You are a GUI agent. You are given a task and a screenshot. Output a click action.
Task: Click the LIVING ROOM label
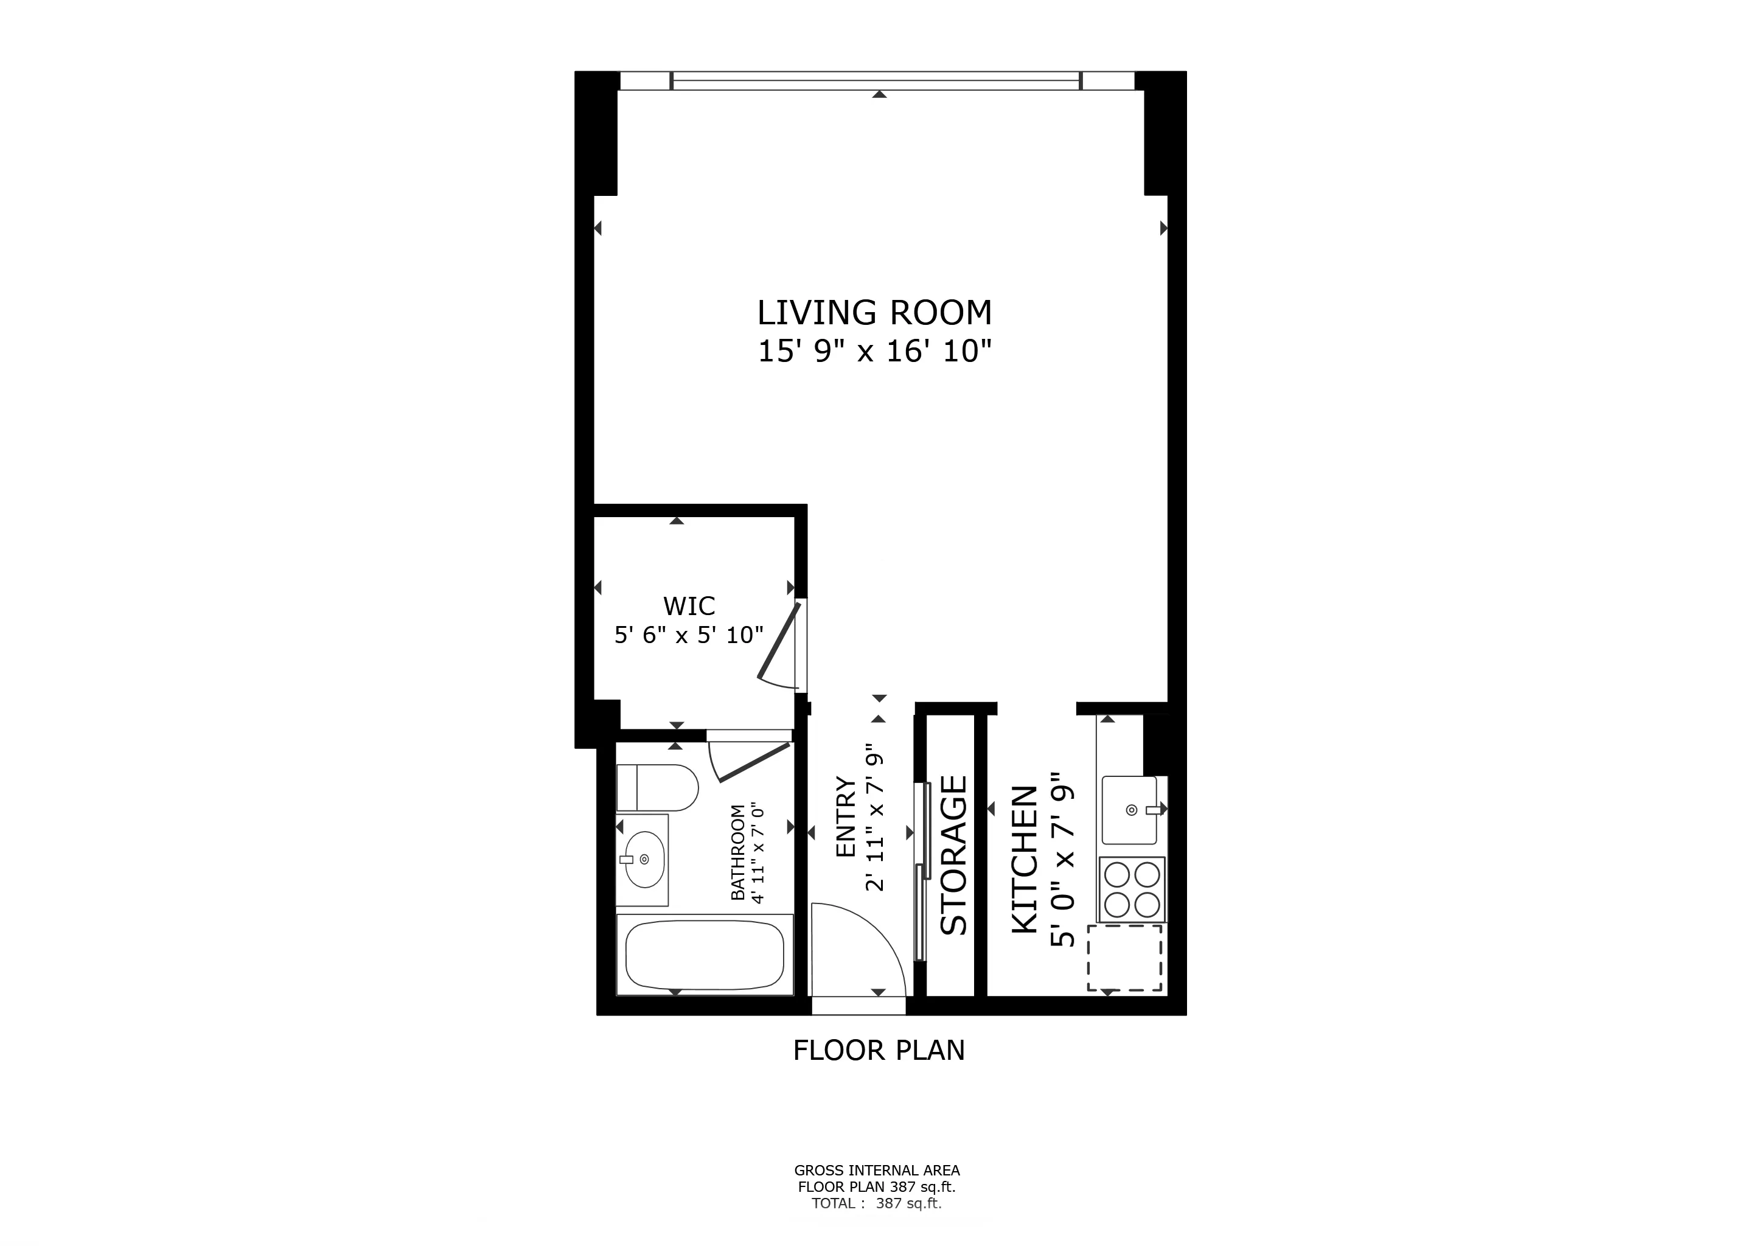tap(874, 313)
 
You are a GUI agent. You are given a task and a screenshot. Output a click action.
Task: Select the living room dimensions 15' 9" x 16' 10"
tap(874, 352)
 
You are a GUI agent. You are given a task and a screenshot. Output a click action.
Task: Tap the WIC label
tap(689, 606)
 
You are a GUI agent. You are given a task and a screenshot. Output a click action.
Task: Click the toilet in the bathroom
tap(657, 787)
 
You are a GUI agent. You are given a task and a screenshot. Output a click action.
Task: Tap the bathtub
tap(705, 956)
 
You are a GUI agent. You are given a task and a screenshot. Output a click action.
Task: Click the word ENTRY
tap(845, 817)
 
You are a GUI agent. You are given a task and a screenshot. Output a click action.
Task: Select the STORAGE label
tap(954, 855)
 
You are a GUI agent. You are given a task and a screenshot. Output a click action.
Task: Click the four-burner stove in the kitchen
tap(1132, 889)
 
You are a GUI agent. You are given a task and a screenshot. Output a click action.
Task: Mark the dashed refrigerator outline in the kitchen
tap(1124, 958)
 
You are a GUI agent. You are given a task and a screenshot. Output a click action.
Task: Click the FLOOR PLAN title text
tap(879, 1050)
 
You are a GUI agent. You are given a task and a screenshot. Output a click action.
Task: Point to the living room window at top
tap(876, 80)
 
